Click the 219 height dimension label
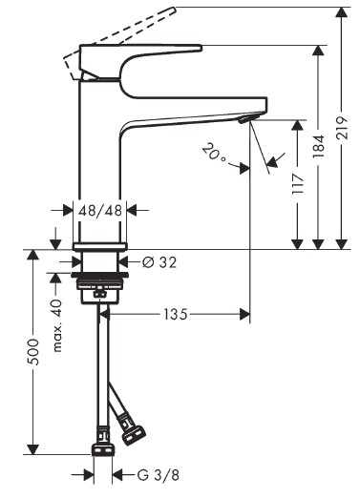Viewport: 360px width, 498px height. (342, 128)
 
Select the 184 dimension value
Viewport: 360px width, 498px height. (318, 147)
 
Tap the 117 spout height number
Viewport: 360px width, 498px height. (298, 184)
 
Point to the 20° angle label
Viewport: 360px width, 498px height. (214, 153)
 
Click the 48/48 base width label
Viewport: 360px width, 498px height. (100, 210)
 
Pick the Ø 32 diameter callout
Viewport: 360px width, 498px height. (159, 262)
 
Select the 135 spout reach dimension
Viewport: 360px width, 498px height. (176, 315)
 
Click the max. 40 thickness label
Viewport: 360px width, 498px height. (57, 325)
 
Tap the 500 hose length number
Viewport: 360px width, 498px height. (32, 352)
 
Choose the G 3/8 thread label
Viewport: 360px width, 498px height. (159, 475)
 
